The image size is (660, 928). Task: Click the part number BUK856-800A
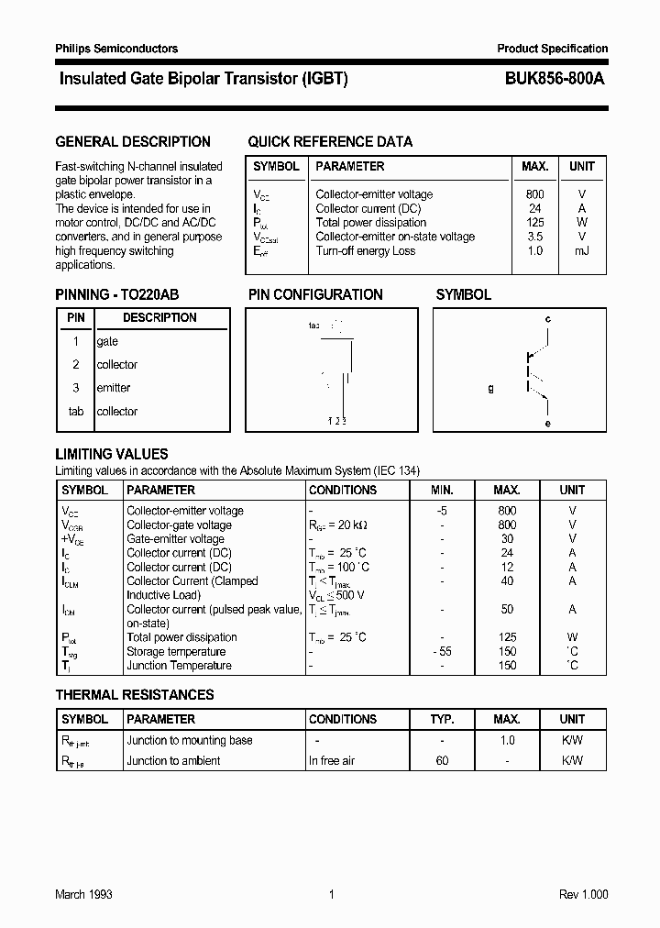coord(554,80)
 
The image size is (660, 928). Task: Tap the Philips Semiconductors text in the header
coord(116,49)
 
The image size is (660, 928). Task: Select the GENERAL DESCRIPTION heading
coord(133,142)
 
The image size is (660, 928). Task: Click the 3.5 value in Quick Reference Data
coord(535,237)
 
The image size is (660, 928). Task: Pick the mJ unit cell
coord(582,251)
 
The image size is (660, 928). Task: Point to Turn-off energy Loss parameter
coord(365,251)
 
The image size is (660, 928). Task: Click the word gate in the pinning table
coord(108,341)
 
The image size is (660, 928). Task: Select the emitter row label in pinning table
coord(114,388)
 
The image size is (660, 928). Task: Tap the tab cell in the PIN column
coord(76,412)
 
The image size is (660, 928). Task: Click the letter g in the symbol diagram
coord(490,388)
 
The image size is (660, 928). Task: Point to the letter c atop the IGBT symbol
coord(547,319)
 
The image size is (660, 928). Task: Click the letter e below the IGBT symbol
coord(547,423)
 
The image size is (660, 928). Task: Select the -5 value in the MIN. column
coord(442,511)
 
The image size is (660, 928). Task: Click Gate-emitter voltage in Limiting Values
coord(175,539)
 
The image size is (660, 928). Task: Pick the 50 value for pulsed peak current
coord(507,609)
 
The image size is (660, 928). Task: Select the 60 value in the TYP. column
coord(442,761)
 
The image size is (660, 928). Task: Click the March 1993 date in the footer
coord(83,894)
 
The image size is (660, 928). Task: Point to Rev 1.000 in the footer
coord(583,894)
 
